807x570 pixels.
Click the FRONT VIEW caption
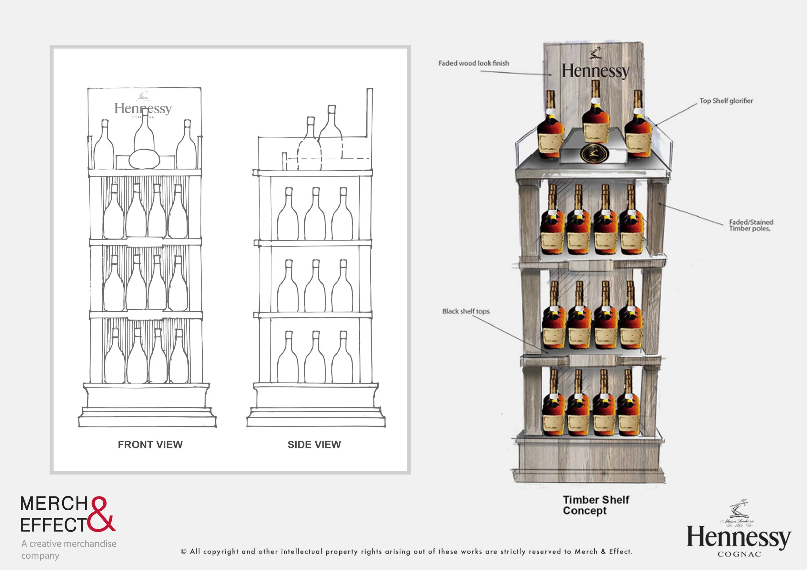150,444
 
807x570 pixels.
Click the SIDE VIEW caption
314,444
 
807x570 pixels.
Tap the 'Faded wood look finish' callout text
474,63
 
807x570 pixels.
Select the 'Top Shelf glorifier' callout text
726,101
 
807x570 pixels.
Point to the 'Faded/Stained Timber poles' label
751,225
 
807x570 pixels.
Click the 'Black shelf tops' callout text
466,311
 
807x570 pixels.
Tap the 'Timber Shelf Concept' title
596,505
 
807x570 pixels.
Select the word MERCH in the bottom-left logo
54,504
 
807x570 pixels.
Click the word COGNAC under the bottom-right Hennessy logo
739,554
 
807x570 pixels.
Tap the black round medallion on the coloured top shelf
593,154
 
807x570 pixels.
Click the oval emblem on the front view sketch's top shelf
144,160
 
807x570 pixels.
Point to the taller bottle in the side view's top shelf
331,130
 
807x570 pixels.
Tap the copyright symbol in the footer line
183,551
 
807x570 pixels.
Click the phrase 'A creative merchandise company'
68,549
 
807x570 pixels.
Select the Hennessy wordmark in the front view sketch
143,108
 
